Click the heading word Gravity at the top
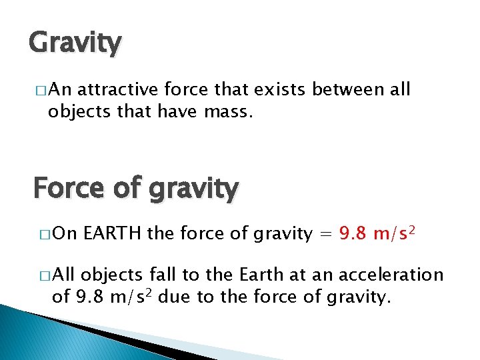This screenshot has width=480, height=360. [x=75, y=43]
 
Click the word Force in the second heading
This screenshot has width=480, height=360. [x=71, y=188]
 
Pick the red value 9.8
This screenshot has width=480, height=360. [x=353, y=233]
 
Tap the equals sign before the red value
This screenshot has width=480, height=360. [x=325, y=234]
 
